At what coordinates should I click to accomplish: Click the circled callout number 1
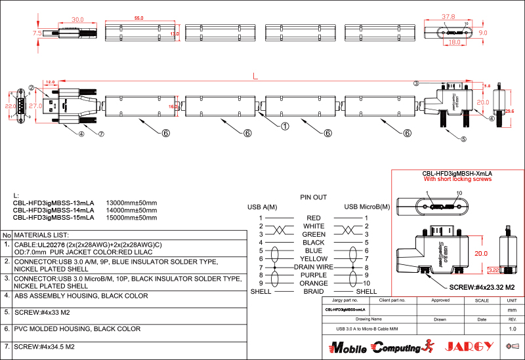coord(285,126)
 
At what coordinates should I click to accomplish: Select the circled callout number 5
coord(463,139)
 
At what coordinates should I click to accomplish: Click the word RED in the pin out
coord(314,218)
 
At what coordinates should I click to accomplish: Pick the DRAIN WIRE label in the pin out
coord(314,267)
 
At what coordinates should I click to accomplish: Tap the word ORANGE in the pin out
coord(314,283)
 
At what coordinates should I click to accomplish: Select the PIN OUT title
coord(314,197)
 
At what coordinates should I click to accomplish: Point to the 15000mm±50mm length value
coord(131,217)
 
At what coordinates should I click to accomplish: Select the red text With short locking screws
coord(457,179)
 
